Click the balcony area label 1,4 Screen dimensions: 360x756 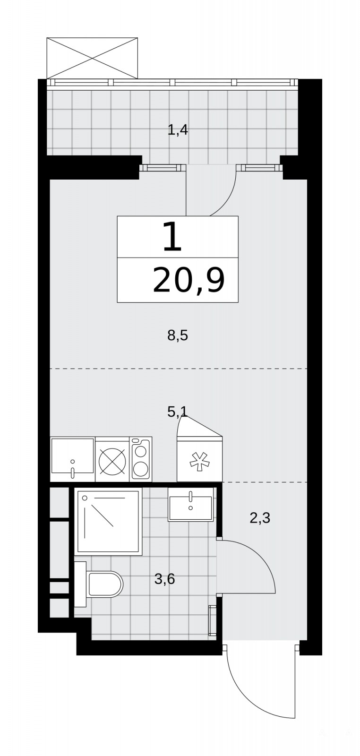click(178, 130)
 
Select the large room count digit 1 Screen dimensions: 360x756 click(172, 237)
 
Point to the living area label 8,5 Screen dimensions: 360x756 click(178, 336)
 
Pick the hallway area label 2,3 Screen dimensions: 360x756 click(260, 518)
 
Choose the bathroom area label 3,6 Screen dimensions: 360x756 click(165, 579)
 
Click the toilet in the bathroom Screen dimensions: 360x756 click(99, 584)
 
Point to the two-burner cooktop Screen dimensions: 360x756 click(141, 459)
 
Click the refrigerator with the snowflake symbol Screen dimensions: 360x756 click(199, 459)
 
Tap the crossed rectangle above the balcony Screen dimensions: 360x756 click(92, 58)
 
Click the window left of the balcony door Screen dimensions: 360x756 click(163, 167)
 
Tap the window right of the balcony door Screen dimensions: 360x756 click(259, 167)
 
